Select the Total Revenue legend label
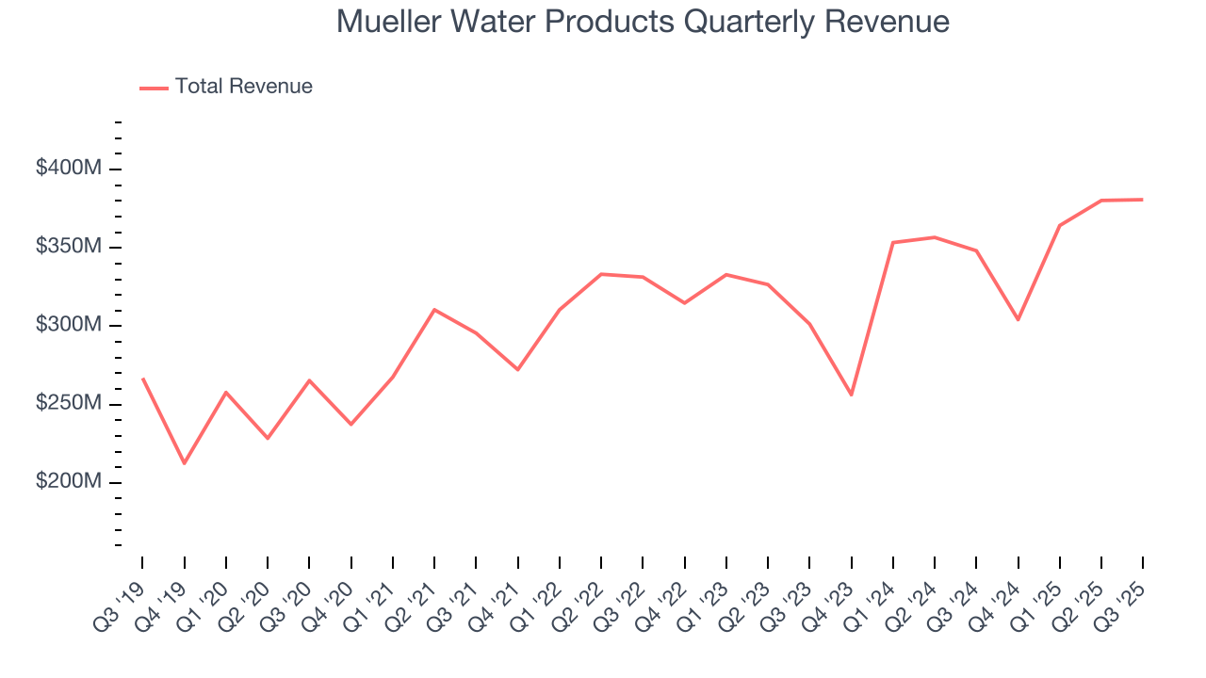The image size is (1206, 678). coord(243,87)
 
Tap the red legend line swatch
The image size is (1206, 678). coord(154,88)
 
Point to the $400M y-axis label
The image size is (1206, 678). coord(70,169)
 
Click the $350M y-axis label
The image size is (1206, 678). coord(70,247)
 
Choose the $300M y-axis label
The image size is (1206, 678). coord(70,326)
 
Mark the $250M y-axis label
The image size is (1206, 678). coord(70,404)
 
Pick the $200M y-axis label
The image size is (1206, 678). coord(70,482)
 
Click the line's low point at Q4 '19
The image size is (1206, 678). coord(184,463)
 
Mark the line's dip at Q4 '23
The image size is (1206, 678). coord(851,395)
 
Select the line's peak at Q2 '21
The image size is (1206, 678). coord(434,309)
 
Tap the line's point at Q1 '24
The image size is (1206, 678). coord(892,242)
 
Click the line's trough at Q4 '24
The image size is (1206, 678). coord(1018,319)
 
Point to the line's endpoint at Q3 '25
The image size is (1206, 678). coord(1142,200)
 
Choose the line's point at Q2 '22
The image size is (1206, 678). coord(601,274)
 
